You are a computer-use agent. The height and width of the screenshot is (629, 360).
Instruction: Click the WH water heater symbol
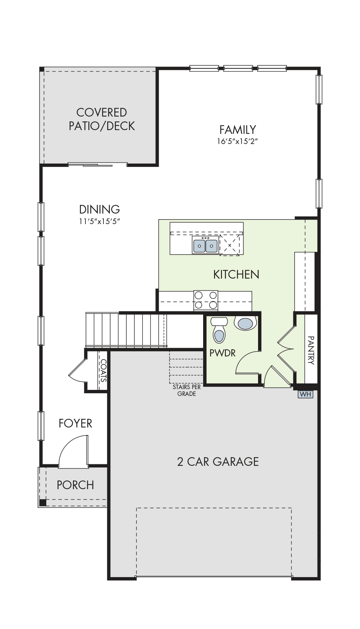305,394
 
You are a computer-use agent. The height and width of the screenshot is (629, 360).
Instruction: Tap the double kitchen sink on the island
205,245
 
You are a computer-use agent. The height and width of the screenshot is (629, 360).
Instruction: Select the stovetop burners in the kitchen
206,300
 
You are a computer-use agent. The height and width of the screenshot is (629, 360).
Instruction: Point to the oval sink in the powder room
247,323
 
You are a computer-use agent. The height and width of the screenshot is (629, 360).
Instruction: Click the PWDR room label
223,353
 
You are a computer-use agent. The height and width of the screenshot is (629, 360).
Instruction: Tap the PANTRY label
311,350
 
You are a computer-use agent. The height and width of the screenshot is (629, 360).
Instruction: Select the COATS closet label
103,371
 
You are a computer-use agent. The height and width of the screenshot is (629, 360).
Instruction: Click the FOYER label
75,423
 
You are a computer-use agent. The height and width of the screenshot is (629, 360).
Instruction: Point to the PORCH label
75,485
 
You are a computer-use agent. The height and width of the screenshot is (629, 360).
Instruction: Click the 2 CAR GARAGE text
218,462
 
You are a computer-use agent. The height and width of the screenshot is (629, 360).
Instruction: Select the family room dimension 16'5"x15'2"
237,141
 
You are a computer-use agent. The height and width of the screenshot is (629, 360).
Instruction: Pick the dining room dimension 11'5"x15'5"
99,221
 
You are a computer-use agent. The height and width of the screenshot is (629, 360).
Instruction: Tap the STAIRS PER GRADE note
187,390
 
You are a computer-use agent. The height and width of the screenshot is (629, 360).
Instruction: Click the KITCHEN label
236,274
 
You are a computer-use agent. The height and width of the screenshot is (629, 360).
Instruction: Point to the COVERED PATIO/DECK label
102,119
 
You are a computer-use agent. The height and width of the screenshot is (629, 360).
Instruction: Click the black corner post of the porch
43,502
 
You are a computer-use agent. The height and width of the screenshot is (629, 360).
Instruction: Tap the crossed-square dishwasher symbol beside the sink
229,245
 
